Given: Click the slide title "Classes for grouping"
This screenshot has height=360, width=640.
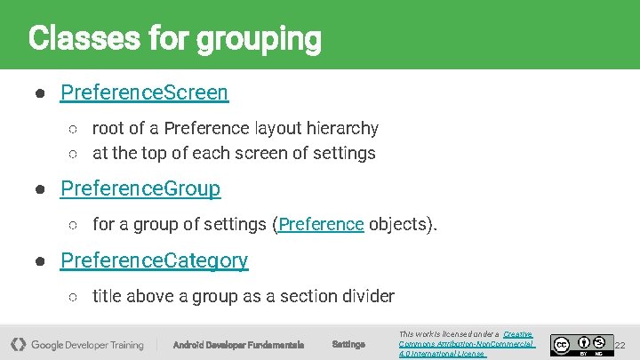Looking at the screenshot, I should [x=174, y=38].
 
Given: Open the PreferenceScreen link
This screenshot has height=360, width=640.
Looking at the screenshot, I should [x=144, y=92].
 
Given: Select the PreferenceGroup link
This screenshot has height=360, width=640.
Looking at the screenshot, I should [x=140, y=189].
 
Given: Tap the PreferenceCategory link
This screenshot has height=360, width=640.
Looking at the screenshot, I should [x=154, y=260].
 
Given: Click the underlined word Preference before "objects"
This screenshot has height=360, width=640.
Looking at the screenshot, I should [x=321, y=224].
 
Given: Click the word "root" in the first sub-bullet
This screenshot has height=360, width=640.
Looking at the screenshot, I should [x=108, y=129].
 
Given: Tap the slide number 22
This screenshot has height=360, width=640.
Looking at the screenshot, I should [x=620, y=345].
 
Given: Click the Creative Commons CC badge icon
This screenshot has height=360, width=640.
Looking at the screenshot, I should [x=561, y=344].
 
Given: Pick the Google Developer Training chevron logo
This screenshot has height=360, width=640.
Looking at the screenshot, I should [x=18, y=344].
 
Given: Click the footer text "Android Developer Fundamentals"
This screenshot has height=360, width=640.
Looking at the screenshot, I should [x=238, y=345].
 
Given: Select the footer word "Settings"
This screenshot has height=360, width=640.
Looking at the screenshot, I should [x=348, y=345].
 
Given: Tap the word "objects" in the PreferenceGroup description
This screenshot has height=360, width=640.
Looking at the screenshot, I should [x=401, y=224].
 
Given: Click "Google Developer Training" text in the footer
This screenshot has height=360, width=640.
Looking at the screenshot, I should [x=87, y=345].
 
